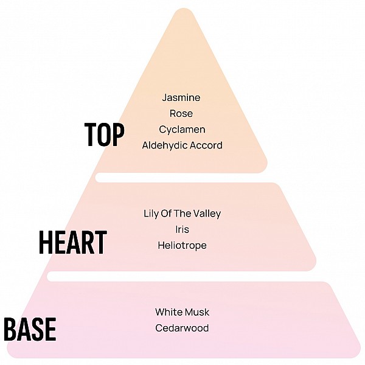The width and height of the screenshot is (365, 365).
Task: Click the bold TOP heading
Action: pos(104,134)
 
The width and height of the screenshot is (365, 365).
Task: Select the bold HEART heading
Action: pos(73,242)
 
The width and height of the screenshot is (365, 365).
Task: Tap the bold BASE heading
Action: pos(30,329)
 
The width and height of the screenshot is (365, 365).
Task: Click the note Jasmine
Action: pos(181,97)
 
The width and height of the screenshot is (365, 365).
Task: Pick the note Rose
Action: pos(181,114)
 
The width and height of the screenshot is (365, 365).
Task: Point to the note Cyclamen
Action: pos(182,130)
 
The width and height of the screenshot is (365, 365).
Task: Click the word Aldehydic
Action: pos(165,145)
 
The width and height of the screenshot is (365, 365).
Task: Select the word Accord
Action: pos(206,145)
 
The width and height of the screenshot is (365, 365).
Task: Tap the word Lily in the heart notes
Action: pos(151,214)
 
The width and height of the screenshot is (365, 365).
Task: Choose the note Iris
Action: pos(182,229)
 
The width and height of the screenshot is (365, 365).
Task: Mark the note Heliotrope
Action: pos(182,246)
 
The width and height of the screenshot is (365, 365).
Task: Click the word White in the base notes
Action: pos(168,313)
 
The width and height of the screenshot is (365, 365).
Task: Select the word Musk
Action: pos(196,313)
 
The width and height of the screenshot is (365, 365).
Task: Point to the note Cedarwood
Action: pos(182,328)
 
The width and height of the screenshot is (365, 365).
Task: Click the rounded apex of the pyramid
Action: pos(184,10)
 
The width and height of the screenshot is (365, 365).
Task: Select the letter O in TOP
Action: pos(104,134)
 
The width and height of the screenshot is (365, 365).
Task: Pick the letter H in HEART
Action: pos(46,242)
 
